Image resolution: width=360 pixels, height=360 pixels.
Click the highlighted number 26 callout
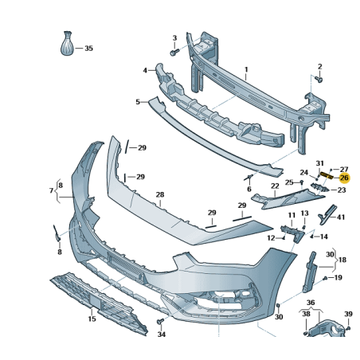pyautogui.click(x=344, y=178)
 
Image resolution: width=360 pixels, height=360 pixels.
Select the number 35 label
pyautogui.click(x=88, y=49)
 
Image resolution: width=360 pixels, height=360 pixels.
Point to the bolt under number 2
pyautogui.click(x=319, y=80)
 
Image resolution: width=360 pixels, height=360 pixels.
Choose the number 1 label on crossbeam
pyautogui.click(x=246, y=70)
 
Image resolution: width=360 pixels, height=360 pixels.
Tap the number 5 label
pyautogui.click(x=137, y=102)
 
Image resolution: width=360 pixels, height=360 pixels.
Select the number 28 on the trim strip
pyautogui.click(x=159, y=195)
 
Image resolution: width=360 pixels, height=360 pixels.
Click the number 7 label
pyautogui.click(x=51, y=191)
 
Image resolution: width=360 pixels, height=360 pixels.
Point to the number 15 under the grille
pyautogui.click(x=92, y=319)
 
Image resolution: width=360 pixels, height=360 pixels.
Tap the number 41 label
pyautogui.click(x=341, y=217)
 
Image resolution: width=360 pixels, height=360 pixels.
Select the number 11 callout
pyautogui.click(x=292, y=216)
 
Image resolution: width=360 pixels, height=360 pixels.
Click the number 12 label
pyautogui.click(x=271, y=237)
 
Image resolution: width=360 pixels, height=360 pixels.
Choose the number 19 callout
pyautogui.click(x=338, y=278)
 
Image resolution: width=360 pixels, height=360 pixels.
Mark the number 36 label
pyautogui.click(x=311, y=303)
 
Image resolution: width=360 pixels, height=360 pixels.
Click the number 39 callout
pyautogui.click(x=348, y=315)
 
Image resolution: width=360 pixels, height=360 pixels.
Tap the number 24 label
pyautogui.click(x=303, y=172)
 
